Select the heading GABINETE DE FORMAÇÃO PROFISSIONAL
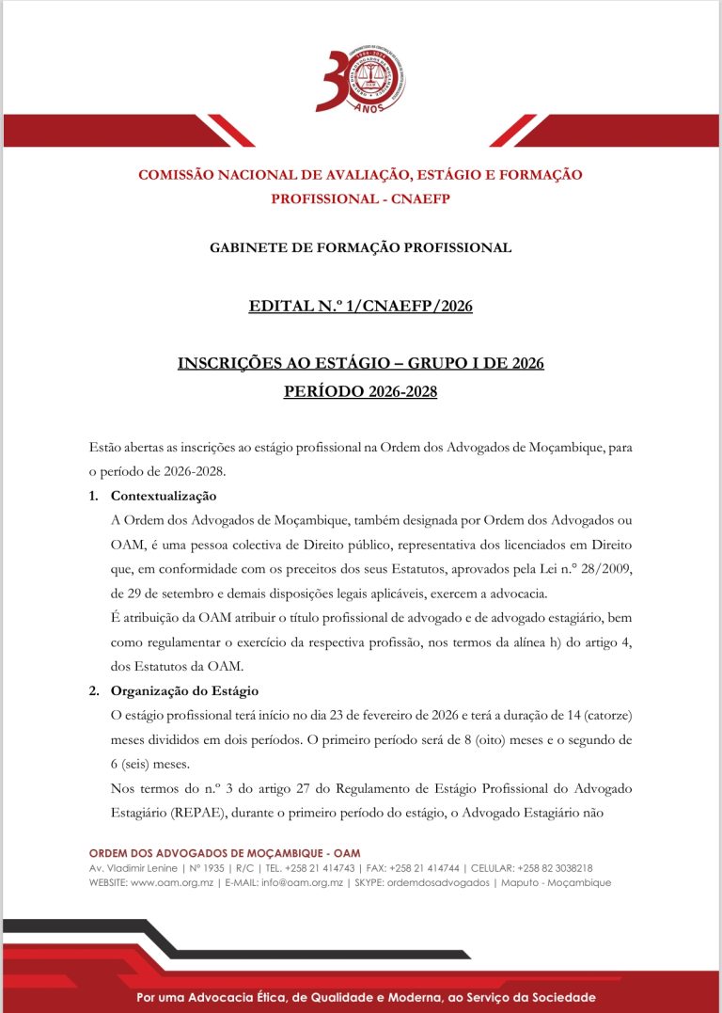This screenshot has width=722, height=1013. point(361,248)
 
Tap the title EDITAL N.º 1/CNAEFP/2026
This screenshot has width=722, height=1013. point(361,307)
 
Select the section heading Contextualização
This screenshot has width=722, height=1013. point(164,496)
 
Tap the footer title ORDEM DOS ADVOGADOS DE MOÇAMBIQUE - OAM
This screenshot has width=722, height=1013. point(225,853)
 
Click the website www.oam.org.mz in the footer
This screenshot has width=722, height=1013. point(168,883)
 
